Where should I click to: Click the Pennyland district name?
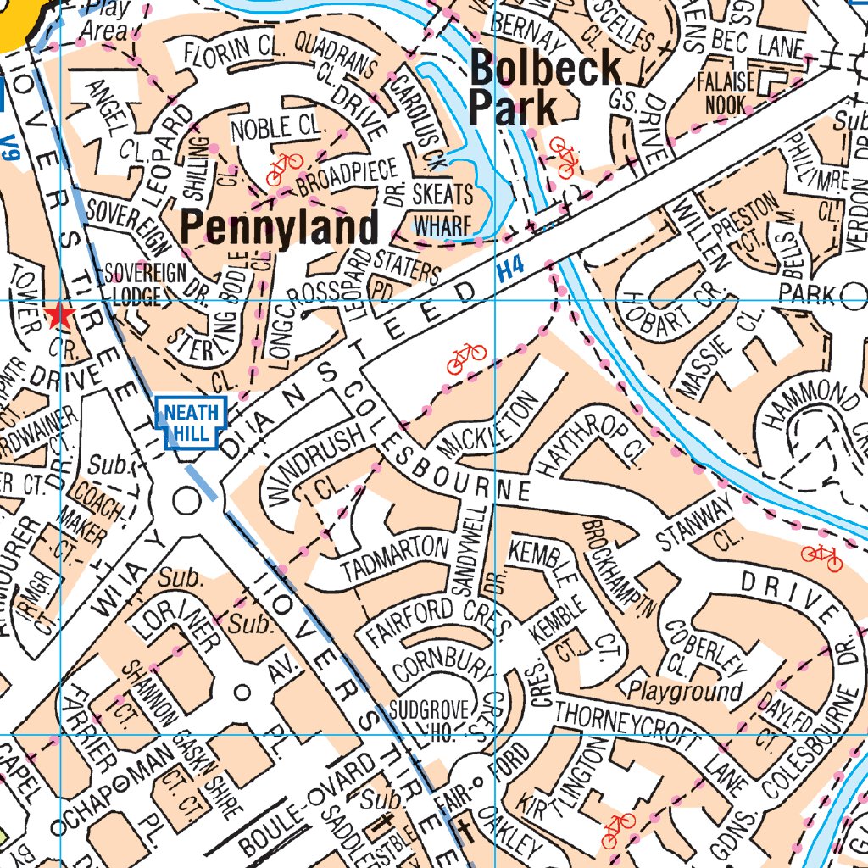[280, 228]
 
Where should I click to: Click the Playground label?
[685, 691]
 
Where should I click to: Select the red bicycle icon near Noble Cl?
[285, 169]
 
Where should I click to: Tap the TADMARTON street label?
[394, 560]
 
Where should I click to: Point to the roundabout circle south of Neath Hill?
[184, 500]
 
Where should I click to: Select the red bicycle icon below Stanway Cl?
[821, 557]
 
